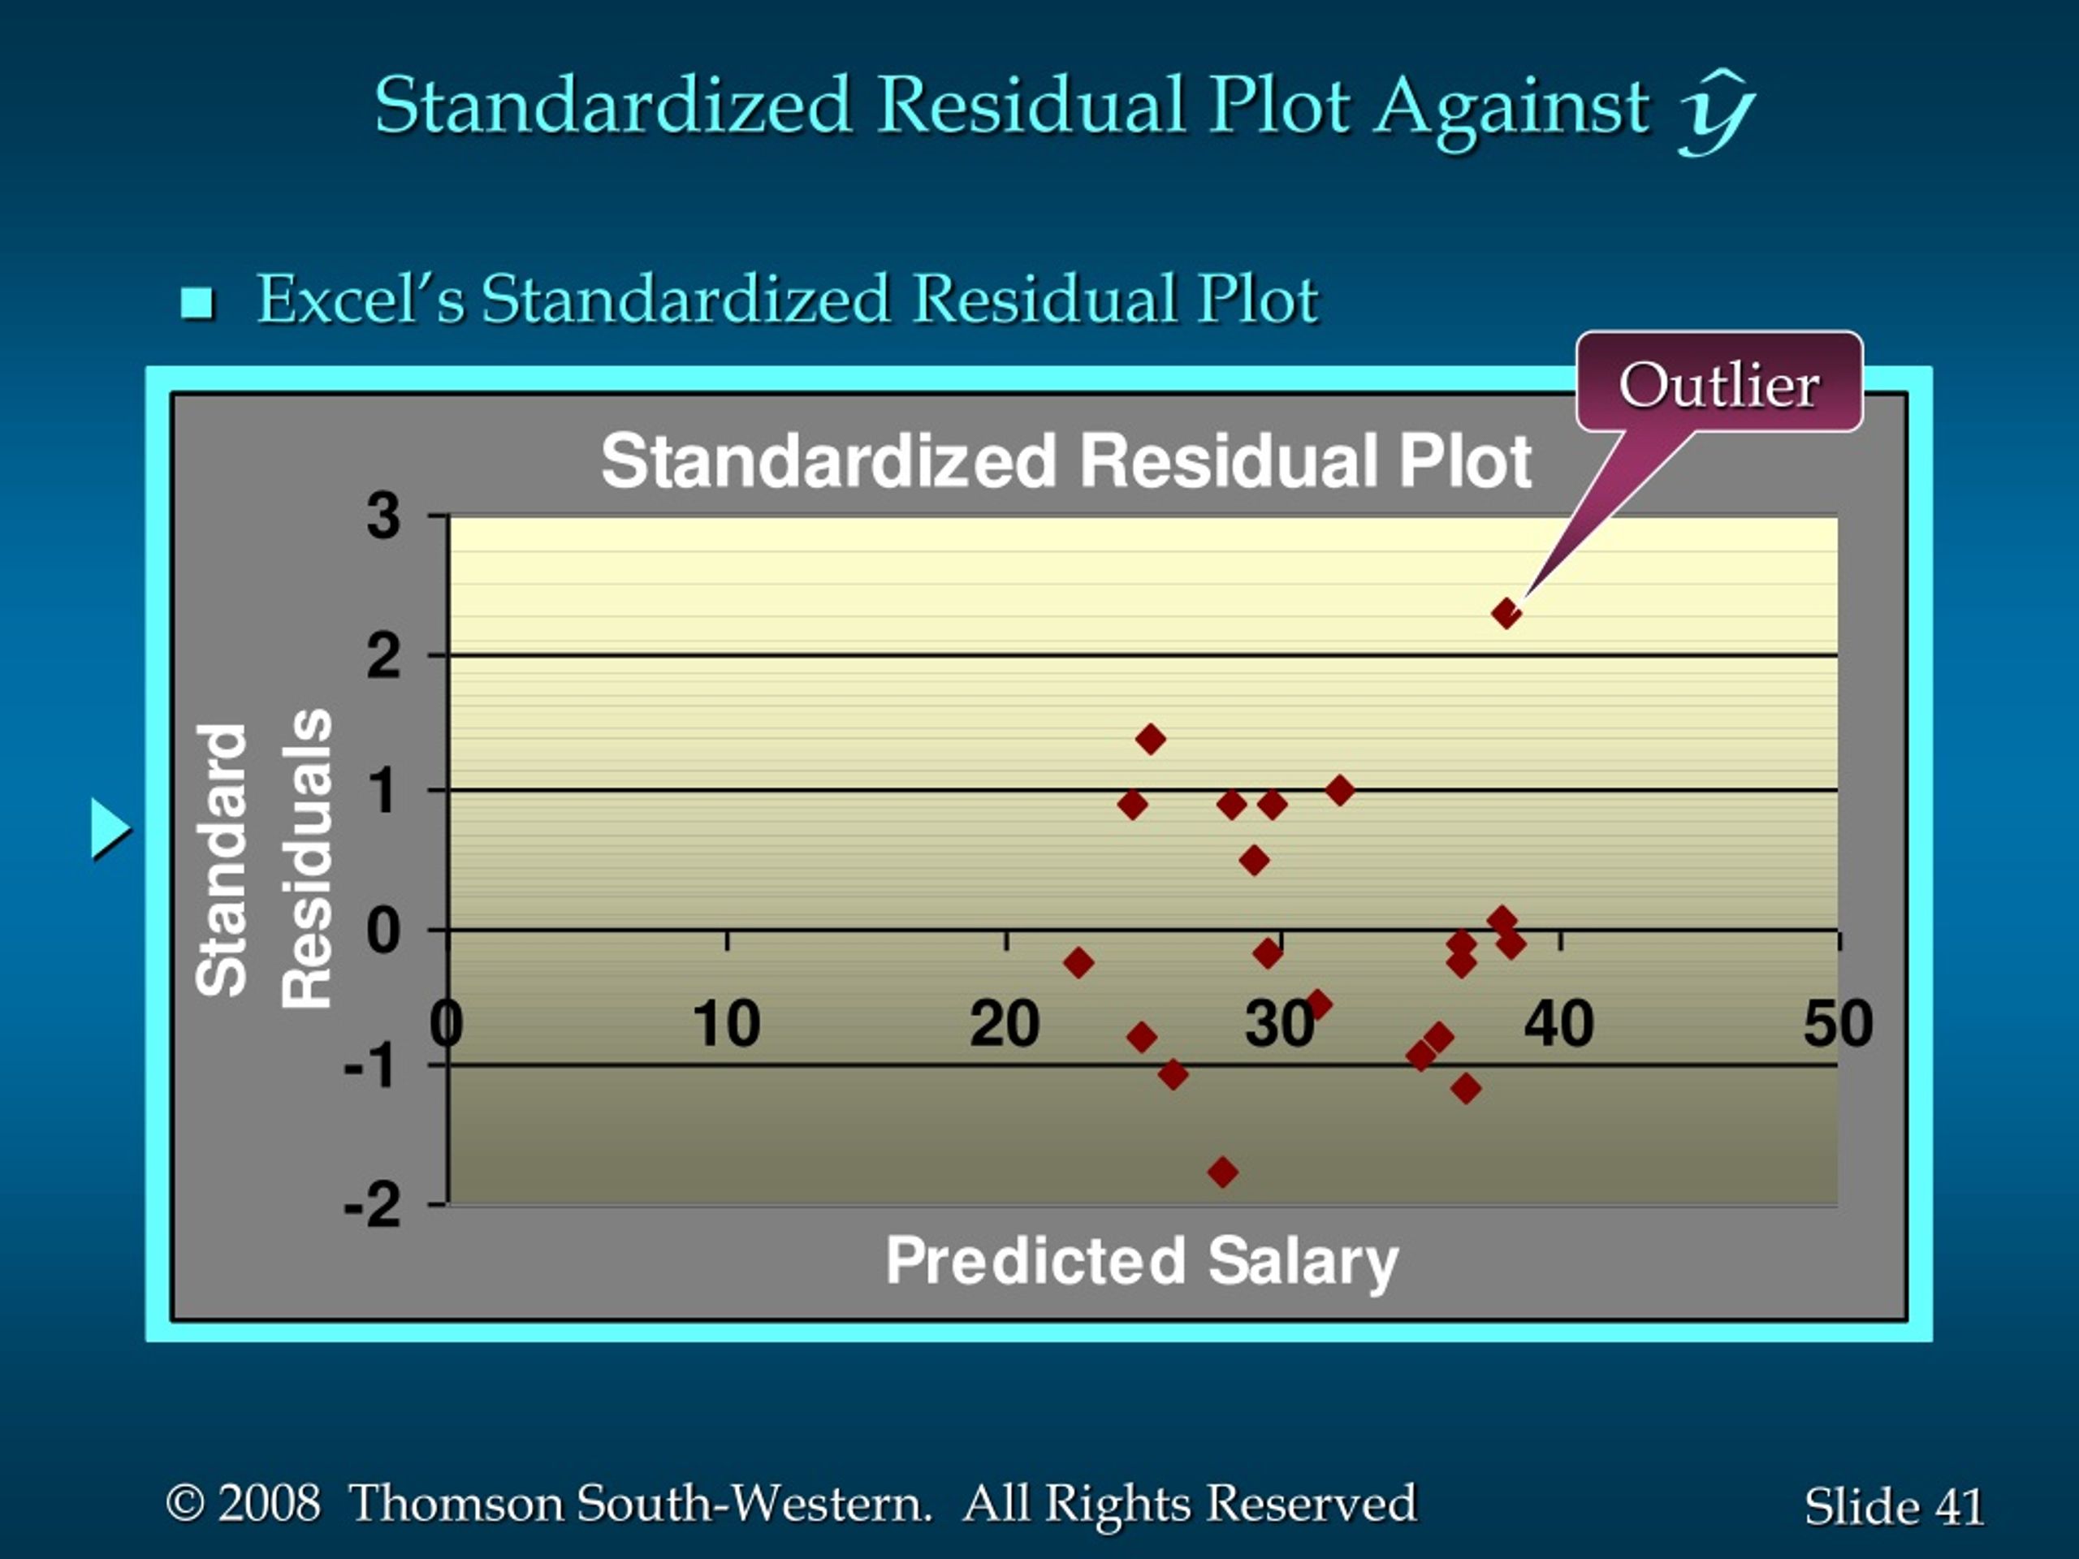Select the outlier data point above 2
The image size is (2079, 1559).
(1506, 615)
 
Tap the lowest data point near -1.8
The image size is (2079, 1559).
(1223, 1172)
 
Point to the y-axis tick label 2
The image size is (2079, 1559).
(383, 655)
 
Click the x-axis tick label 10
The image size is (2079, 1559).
(725, 1023)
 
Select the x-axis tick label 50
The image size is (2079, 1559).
(1839, 1023)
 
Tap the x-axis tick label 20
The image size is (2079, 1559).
(1005, 1023)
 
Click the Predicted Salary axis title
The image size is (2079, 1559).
(1142, 1262)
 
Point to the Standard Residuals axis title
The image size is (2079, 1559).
(264, 859)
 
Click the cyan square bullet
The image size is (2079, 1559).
(197, 303)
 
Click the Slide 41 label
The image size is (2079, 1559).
(1894, 1506)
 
